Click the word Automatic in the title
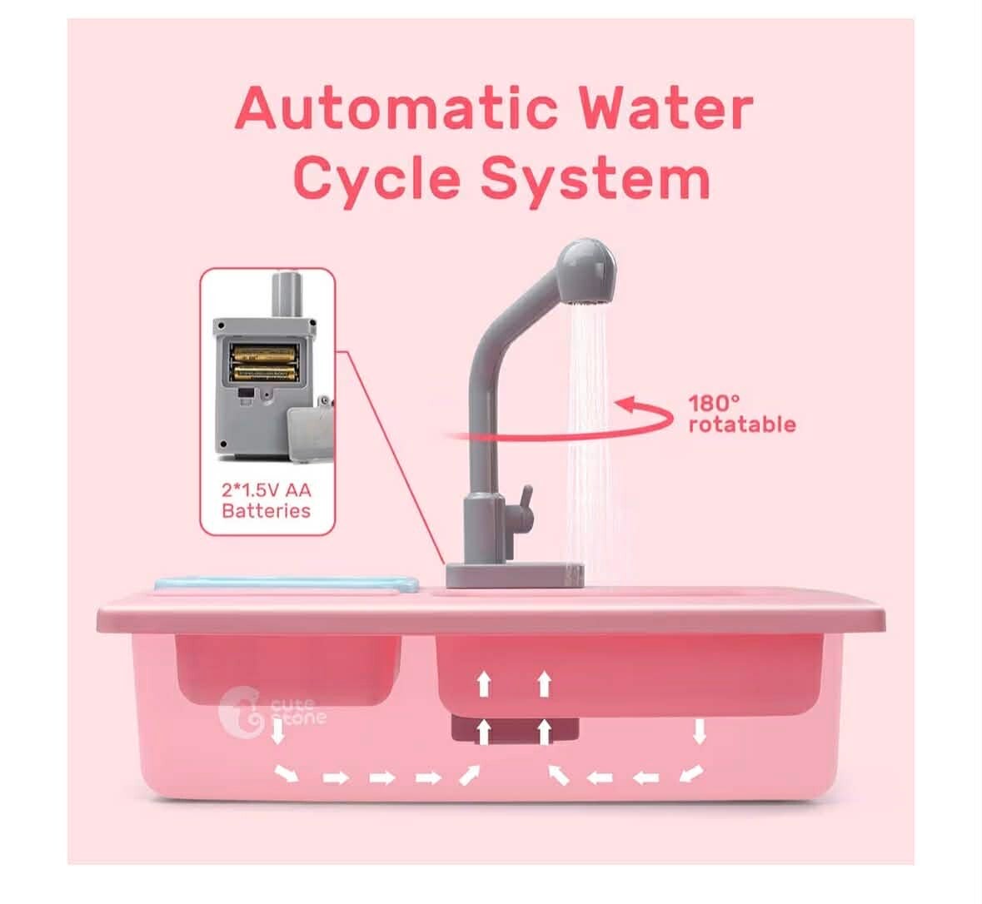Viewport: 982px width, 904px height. click(396, 107)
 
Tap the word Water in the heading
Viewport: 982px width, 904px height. click(665, 107)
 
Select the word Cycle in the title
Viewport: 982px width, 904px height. click(377, 177)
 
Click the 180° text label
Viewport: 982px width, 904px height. click(714, 403)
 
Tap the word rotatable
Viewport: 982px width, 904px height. click(742, 424)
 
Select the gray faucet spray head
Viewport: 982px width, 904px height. click(587, 271)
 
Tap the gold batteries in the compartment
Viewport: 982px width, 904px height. click(264, 364)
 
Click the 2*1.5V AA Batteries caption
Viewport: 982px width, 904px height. click(267, 500)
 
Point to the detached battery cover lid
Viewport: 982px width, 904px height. click(310, 430)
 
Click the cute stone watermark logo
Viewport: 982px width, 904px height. click(272, 711)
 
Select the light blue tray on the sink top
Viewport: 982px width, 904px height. click(287, 584)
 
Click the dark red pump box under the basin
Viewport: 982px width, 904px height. click(515, 731)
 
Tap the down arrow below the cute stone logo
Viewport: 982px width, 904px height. click(277, 731)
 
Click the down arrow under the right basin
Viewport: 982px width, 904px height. click(700, 731)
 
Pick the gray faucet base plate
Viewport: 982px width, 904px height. click(515, 574)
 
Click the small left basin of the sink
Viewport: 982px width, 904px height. click(288, 668)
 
